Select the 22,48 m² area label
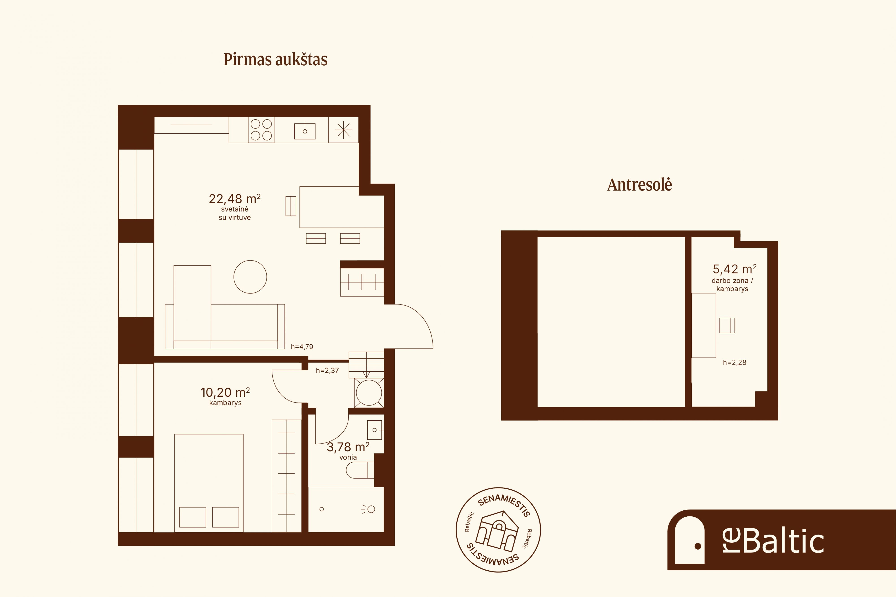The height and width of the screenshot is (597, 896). pos(235,198)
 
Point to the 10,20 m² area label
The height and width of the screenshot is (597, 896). pos(225,392)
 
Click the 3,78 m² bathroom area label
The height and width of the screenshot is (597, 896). pos(348,447)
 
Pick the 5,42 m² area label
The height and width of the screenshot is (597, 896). pos(734,269)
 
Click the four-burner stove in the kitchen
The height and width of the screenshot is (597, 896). pos(261,130)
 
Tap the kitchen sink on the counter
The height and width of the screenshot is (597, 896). pos(305,131)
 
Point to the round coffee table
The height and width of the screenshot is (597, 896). pos(250,277)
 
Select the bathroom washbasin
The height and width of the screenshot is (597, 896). pos(375,430)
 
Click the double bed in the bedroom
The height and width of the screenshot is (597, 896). pos(209,483)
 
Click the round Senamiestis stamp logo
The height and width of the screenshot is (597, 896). pos(498,530)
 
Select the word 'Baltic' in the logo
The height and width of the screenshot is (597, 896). pos(783,541)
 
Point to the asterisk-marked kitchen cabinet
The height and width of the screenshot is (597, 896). pos(343,130)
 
